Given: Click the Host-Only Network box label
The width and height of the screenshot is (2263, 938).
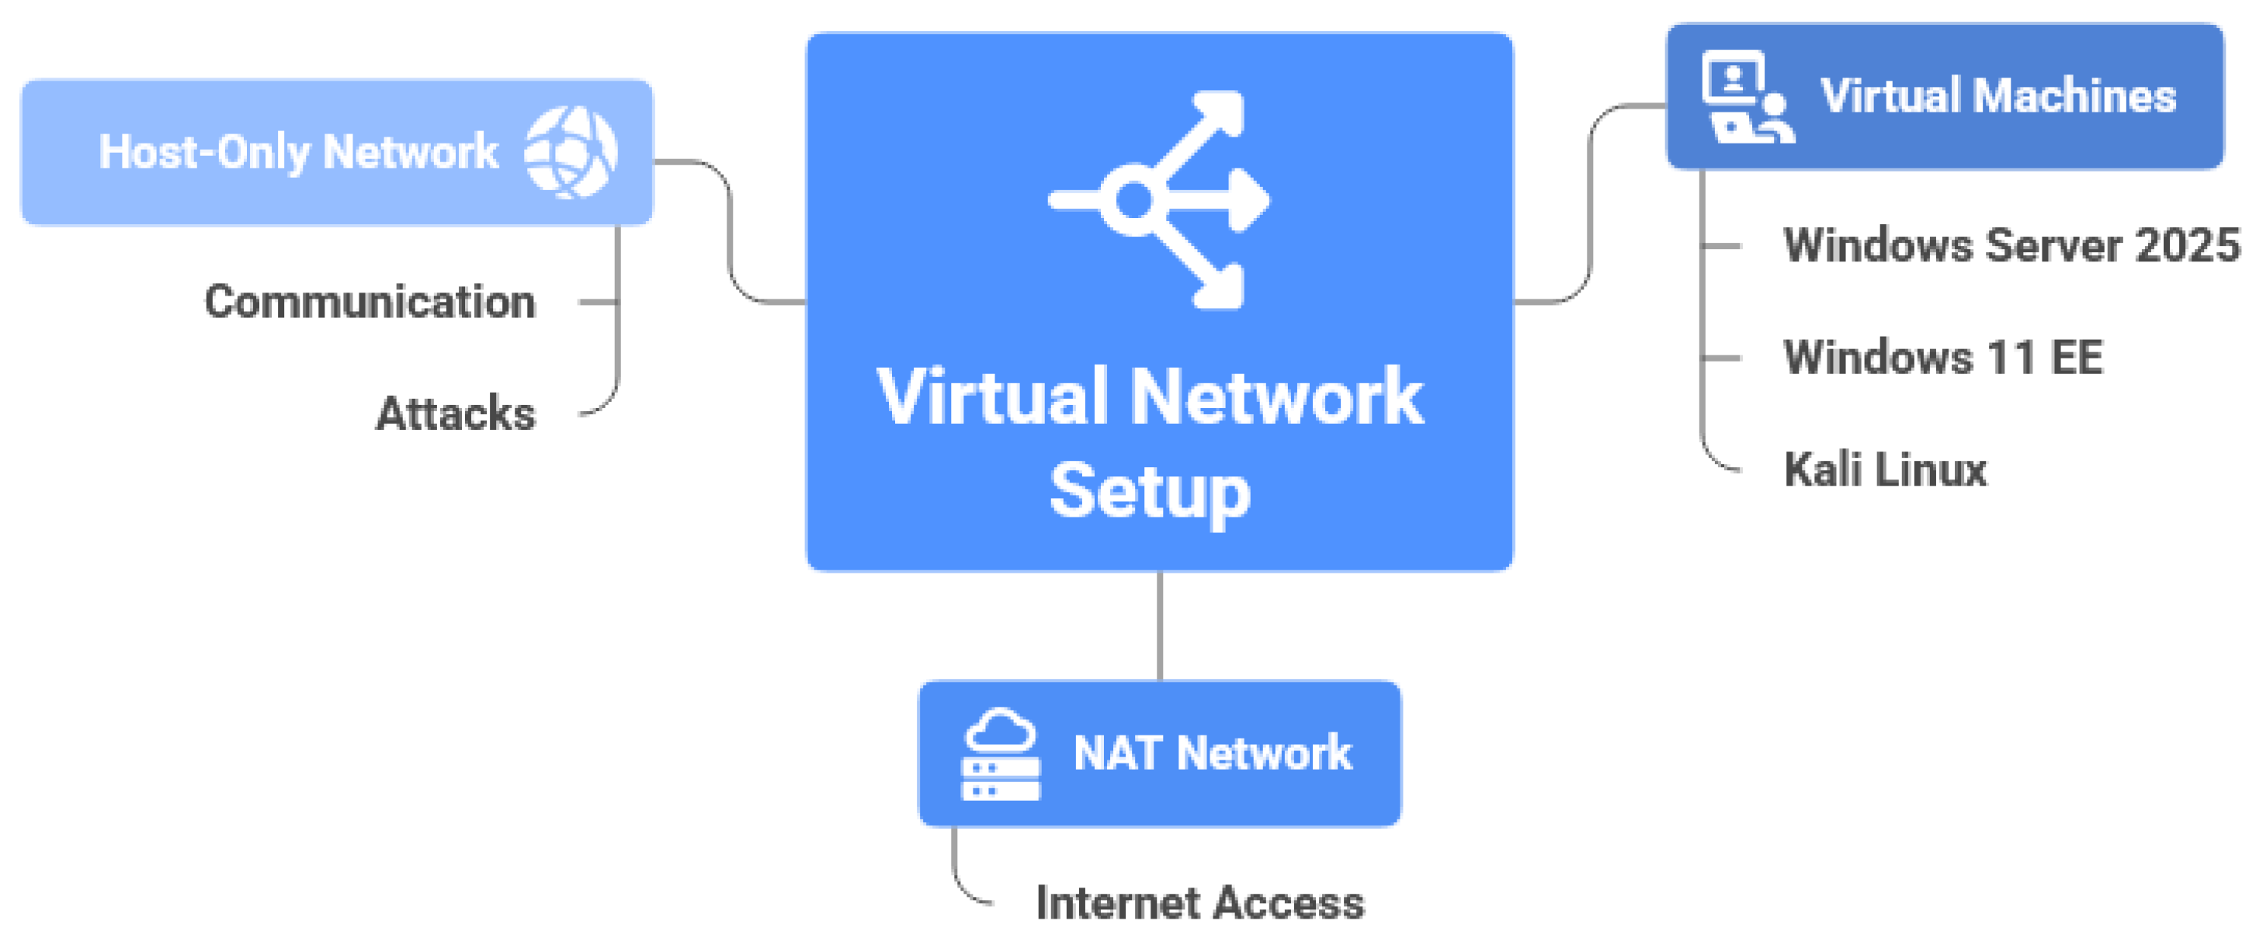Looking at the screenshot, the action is pyautogui.click(x=299, y=153).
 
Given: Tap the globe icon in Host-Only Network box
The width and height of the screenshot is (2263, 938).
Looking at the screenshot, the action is pyautogui.click(x=571, y=152).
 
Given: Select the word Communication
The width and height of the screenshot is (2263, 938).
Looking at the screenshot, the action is pyautogui.click(x=370, y=301).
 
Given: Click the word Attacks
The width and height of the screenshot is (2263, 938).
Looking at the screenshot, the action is pyautogui.click(x=456, y=413).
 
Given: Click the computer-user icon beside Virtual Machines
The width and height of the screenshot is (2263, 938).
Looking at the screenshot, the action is pyautogui.click(x=1748, y=97).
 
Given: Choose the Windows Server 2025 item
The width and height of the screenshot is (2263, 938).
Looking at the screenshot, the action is pyautogui.click(x=2011, y=244).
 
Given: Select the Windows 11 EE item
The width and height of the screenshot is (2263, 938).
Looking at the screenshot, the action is pyautogui.click(x=1943, y=357).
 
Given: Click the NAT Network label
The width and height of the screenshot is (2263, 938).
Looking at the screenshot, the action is pyautogui.click(x=1213, y=753).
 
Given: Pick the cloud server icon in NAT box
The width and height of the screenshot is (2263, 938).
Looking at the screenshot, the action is pyautogui.click(x=1001, y=753).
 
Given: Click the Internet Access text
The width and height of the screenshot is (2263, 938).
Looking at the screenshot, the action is pyautogui.click(x=1200, y=903).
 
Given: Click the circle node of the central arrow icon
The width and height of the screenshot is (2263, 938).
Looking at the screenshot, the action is pyautogui.click(x=1133, y=200).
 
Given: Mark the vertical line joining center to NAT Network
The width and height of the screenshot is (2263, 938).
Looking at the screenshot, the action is pyautogui.click(x=1160, y=625).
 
